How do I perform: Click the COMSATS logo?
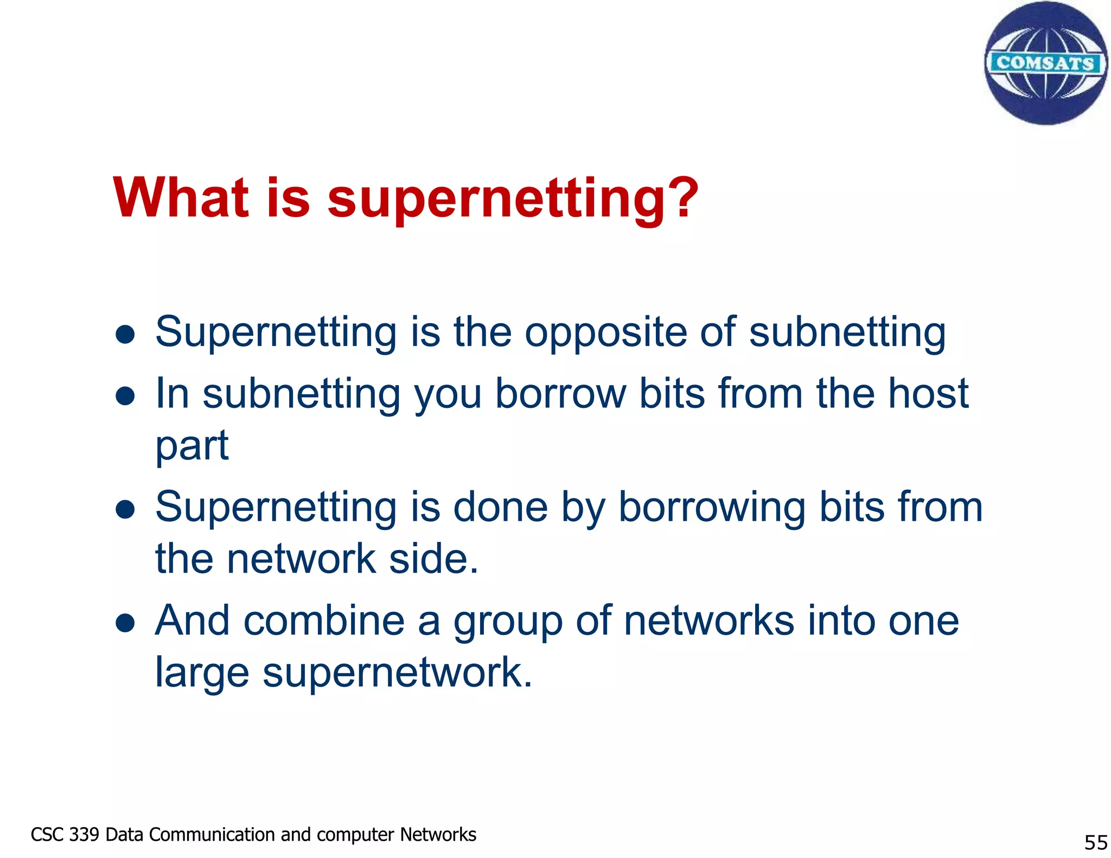tap(1045, 63)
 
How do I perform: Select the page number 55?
tap(1095, 842)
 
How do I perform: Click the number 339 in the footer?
tap(84, 834)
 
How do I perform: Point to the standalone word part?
tap(192, 446)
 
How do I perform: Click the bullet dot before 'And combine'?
tap(125, 623)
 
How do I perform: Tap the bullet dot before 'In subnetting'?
tap(125, 396)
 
